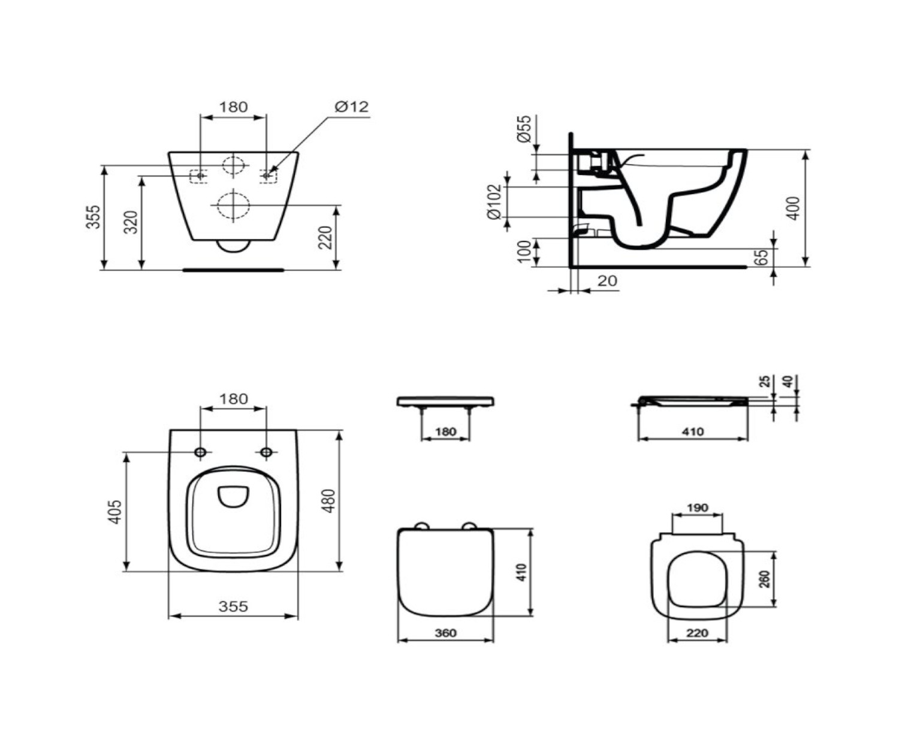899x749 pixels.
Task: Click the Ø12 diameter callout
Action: (x=352, y=106)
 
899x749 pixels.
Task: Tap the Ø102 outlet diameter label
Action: (x=494, y=202)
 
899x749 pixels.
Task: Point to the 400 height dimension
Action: (x=793, y=209)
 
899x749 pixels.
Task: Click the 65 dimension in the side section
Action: (x=762, y=257)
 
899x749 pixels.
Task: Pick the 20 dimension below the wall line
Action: (x=608, y=280)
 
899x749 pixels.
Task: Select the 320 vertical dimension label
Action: (x=131, y=222)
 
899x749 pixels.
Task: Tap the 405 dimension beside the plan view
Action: (x=114, y=512)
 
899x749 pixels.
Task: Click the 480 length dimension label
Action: (x=328, y=500)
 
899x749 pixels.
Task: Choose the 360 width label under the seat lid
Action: (x=446, y=633)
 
